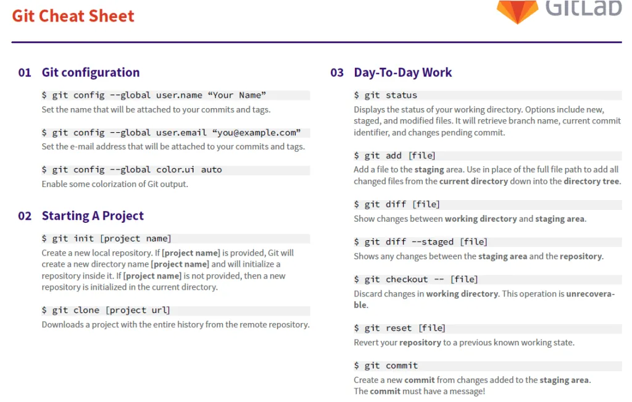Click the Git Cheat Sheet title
(73, 16)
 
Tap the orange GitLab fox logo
(518, 11)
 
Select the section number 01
(25, 73)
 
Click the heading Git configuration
(91, 73)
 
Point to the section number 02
(25, 216)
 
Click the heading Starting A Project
(93, 216)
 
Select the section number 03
(337, 73)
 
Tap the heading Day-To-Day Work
(402, 73)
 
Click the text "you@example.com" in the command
(256, 133)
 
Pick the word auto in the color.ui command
(211, 170)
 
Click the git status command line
(386, 95)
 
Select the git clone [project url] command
(106, 310)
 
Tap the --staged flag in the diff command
(433, 242)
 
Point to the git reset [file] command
(400, 329)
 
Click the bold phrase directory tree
(591, 182)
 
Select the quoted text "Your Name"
(237, 95)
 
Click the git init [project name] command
(106, 239)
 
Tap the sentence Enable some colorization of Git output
(115, 184)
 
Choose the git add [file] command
(394, 156)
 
